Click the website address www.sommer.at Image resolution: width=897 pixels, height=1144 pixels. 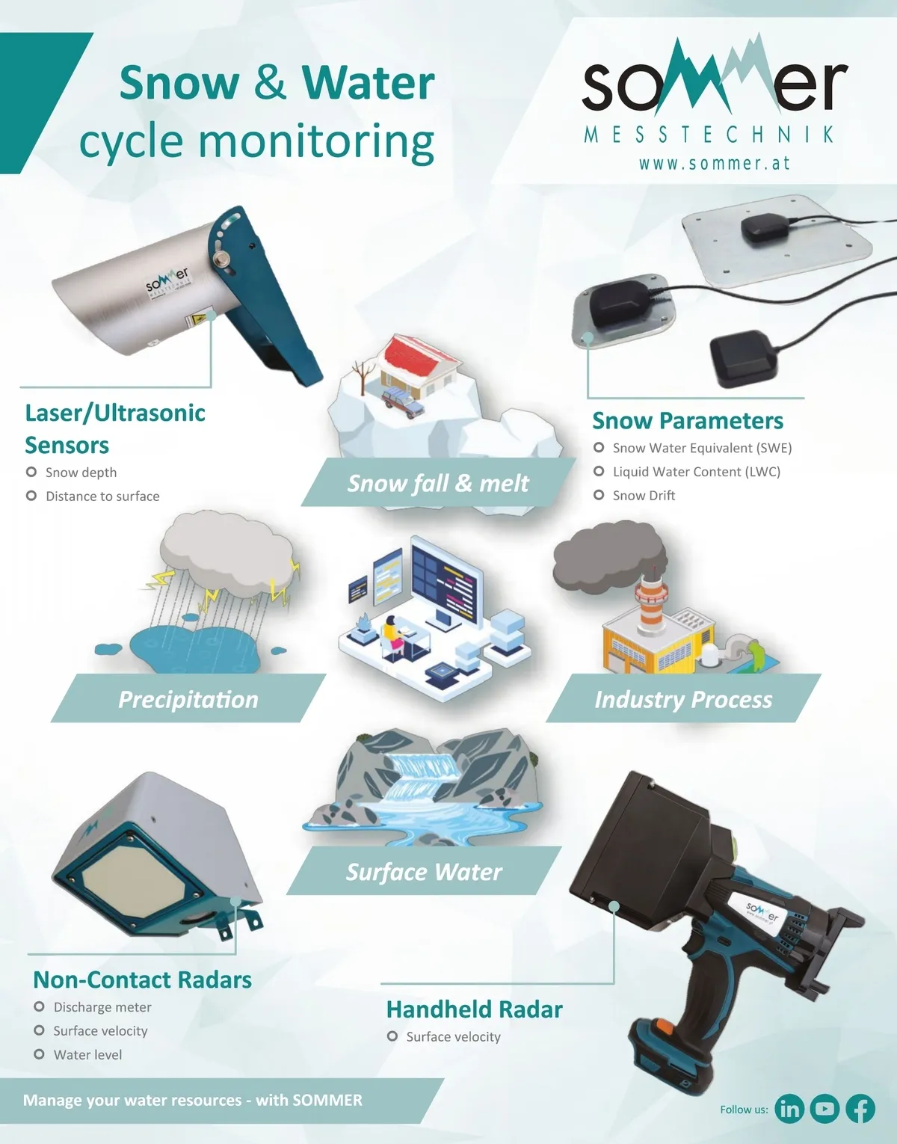[x=715, y=163]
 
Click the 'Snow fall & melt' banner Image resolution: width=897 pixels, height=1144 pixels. [x=438, y=482]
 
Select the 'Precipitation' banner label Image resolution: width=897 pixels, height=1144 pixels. [x=188, y=699]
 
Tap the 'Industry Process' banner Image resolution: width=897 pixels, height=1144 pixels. [x=683, y=698]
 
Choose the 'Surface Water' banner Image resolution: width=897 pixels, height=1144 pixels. [x=424, y=871]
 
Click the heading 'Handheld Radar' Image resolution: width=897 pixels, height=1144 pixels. [x=475, y=1009]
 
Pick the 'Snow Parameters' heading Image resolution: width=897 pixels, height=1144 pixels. [x=688, y=421]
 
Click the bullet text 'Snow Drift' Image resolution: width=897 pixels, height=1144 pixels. [x=644, y=496]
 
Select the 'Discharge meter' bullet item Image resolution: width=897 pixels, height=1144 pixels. [x=102, y=1007]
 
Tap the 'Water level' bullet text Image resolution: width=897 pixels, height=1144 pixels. [x=88, y=1054]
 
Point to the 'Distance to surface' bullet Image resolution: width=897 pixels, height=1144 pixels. [x=102, y=496]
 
